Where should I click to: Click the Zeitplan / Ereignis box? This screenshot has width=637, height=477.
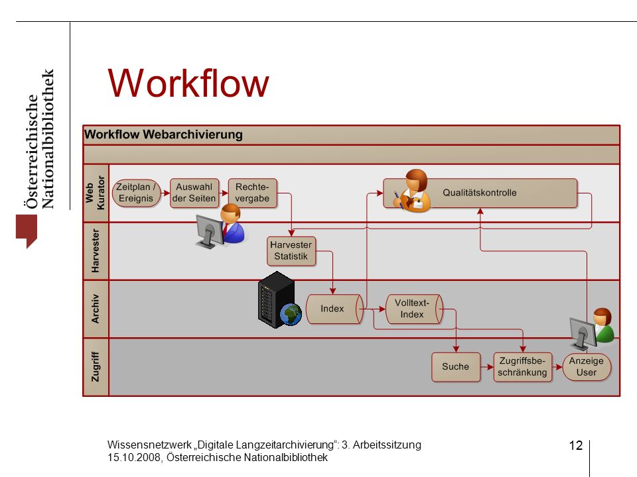pos(136,193)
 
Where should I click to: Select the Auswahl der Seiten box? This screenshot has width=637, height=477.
pos(194,193)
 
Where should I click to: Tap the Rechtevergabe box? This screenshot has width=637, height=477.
pos(252,193)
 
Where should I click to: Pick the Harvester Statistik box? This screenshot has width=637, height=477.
pos(291,250)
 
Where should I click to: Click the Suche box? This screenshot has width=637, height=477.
pos(456,366)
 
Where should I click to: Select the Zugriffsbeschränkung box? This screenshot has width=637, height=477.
pos(522,366)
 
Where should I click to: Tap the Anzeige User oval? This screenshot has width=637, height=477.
pos(587,366)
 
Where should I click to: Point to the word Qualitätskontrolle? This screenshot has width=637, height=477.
pos(479,193)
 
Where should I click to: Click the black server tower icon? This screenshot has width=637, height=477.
pos(276,299)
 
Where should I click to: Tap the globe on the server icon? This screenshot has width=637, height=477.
pos(291,315)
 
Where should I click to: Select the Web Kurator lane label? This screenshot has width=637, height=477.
pos(95,193)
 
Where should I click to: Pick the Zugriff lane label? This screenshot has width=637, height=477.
pos(95,366)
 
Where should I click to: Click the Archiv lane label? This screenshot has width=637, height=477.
pos(95,309)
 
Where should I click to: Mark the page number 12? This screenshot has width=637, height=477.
pos(576,445)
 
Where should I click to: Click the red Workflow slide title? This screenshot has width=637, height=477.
pos(188,83)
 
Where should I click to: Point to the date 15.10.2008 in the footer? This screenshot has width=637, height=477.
pos(134,458)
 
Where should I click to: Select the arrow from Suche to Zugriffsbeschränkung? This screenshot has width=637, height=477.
pos(487,367)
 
